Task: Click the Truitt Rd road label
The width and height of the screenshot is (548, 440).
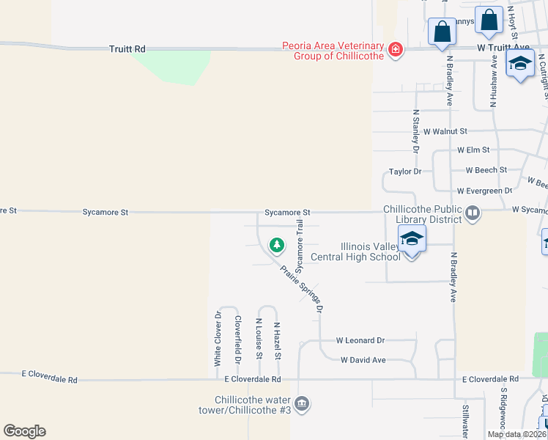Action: (127, 48)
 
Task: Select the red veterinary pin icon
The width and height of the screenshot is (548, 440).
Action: (396, 50)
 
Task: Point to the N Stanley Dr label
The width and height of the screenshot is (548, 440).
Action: (415, 131)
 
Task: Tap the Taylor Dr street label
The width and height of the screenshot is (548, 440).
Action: (405, 171)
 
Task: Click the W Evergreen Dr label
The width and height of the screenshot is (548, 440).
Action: (484, 191)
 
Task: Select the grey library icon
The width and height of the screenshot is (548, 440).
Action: (473, 214)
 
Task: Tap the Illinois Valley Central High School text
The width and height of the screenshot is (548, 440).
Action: (356, 252)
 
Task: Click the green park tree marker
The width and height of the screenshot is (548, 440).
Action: (276, 244)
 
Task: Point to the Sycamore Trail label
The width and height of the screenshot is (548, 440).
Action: (299, 246)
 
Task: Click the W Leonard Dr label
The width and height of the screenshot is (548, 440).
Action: (360, 340)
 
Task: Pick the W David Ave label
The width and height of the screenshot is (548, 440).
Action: (363, 360)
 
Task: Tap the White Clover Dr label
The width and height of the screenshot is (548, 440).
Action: (218, 339)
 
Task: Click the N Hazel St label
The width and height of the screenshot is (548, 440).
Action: (278, 341)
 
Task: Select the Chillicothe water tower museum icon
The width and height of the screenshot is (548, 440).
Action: (302, 404)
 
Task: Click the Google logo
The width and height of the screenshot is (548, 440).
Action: (24, 431)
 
